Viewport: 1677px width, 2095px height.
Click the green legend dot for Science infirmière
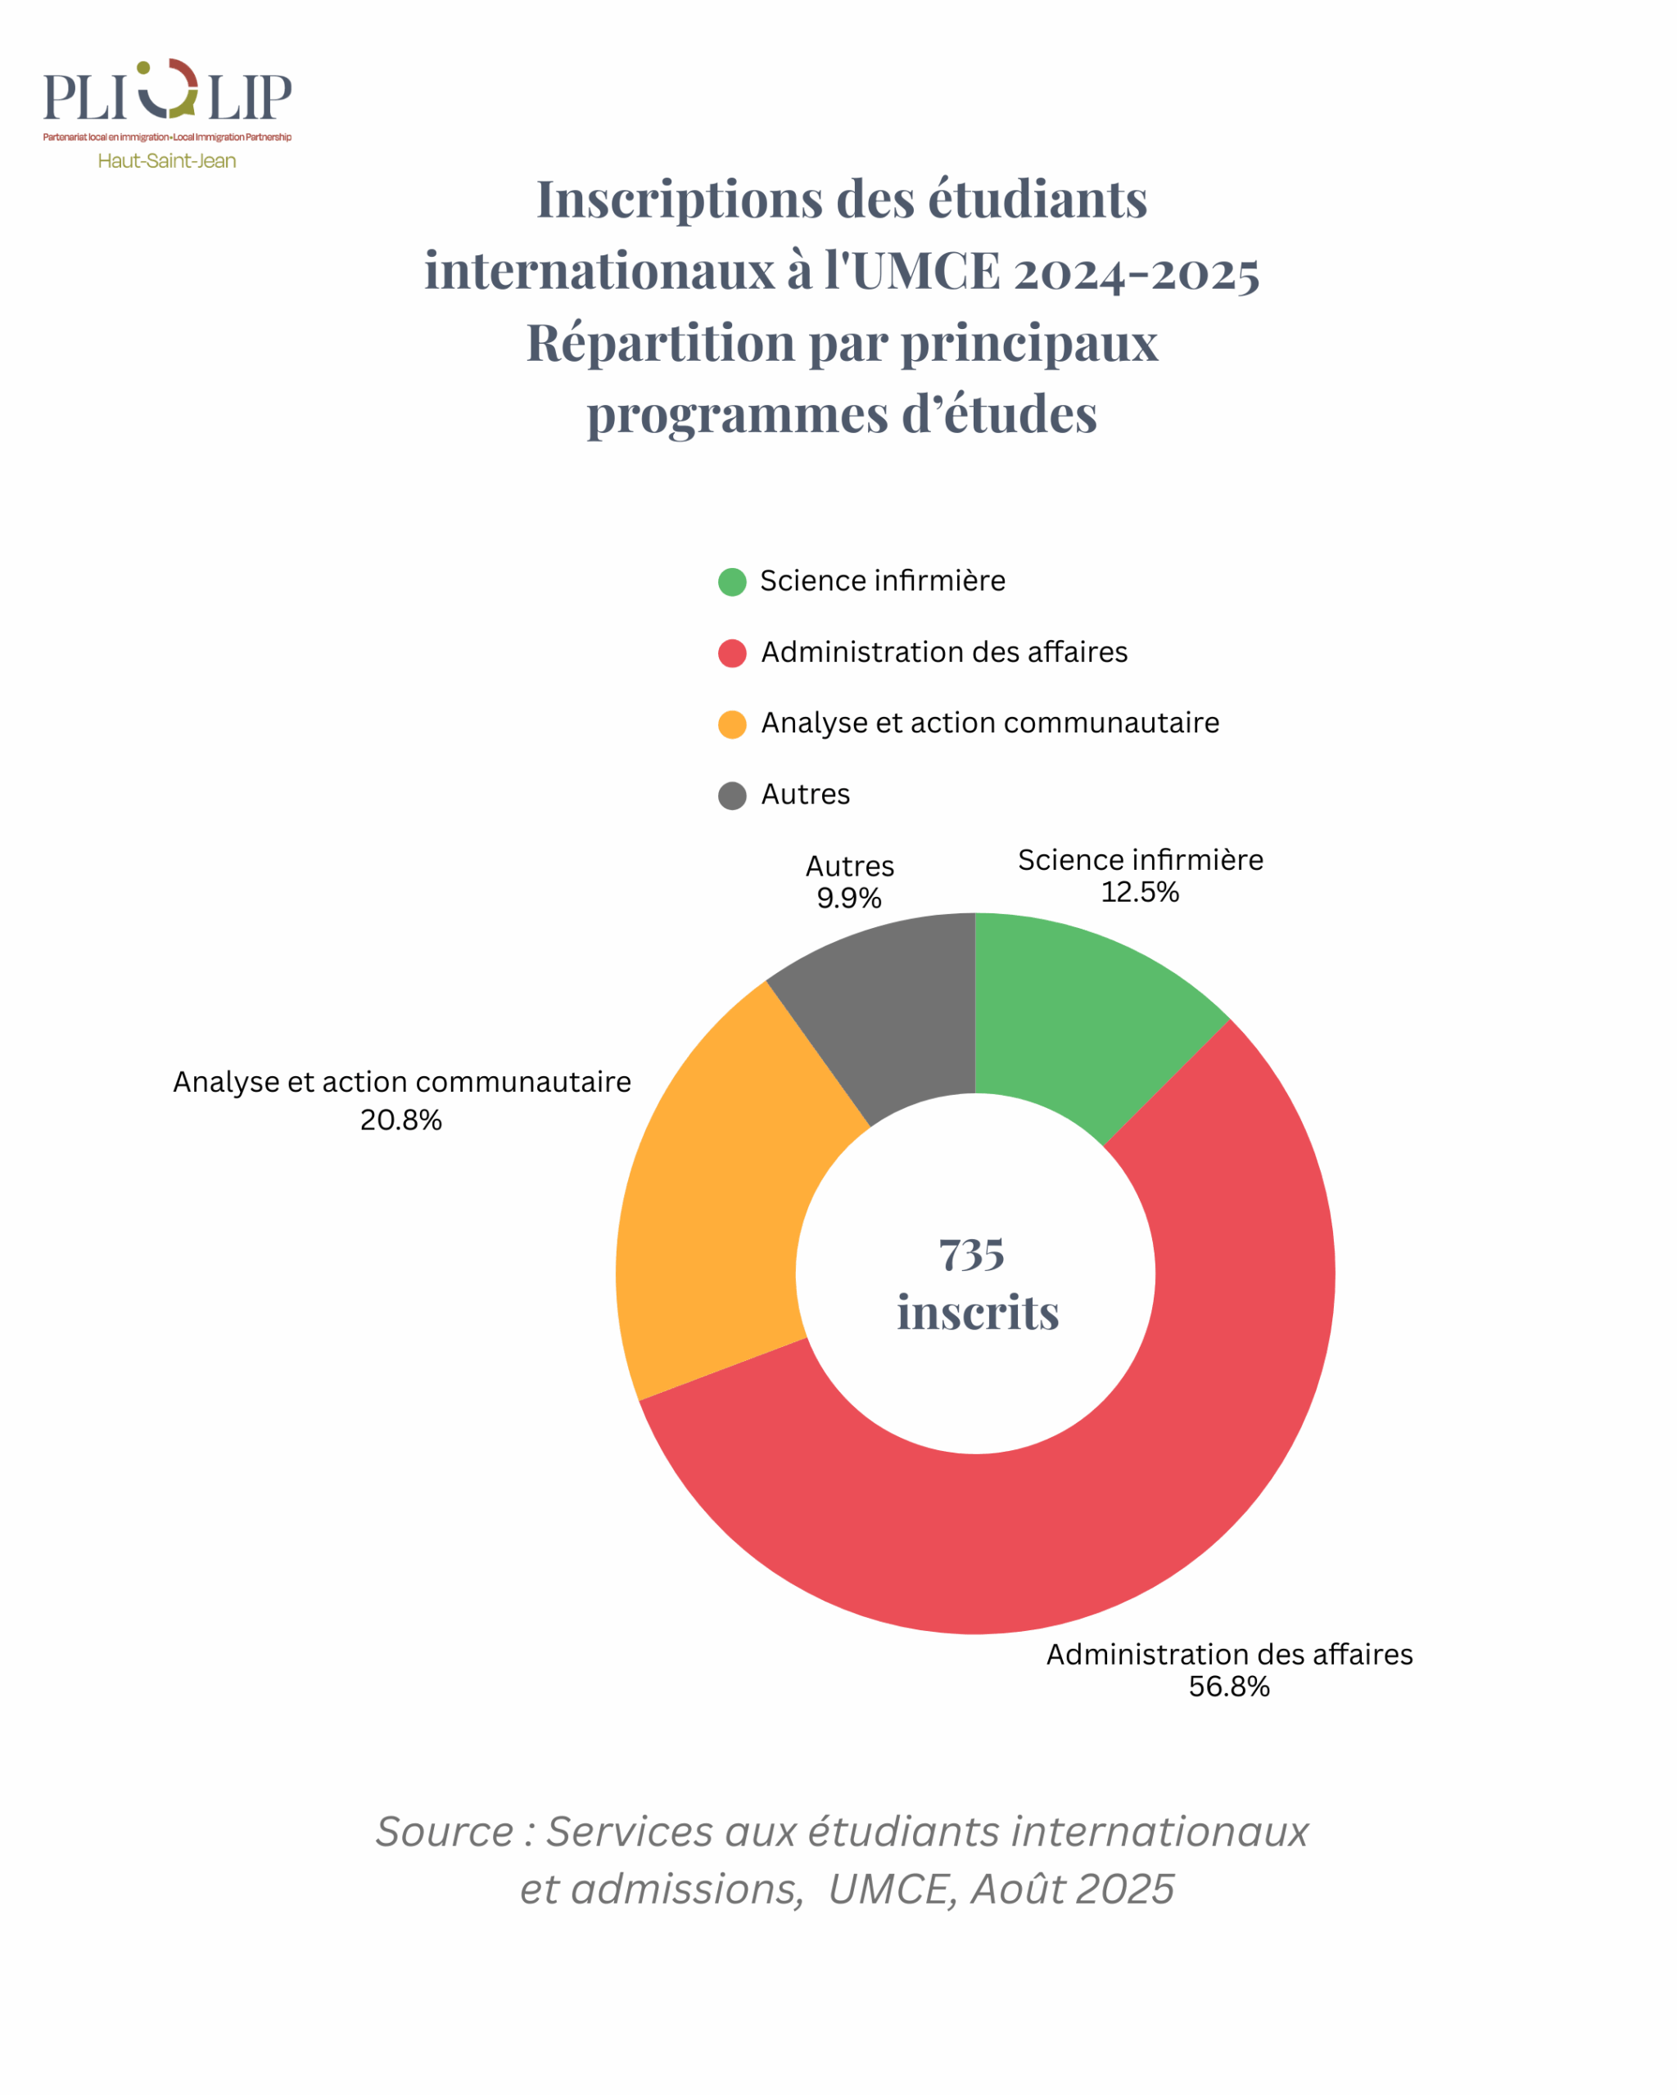[732, 582]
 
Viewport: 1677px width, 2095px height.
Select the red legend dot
[732, 653]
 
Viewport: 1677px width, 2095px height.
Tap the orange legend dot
[732, 724]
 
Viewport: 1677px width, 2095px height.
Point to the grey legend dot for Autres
[732, 795]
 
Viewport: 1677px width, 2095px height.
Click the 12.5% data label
[1139, 892]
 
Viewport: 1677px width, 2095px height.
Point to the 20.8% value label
[400, 1120]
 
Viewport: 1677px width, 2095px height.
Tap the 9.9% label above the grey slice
[848, 898]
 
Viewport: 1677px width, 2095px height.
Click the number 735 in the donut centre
[971, 1255]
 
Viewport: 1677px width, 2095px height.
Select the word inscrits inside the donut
[977, 1313]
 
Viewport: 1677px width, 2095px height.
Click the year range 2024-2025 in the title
[1137, 272]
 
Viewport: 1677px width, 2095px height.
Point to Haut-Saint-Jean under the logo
[167, 161]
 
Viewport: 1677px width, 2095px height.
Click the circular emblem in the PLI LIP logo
[168, 88]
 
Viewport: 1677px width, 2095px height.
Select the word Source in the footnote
[445, 1831]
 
